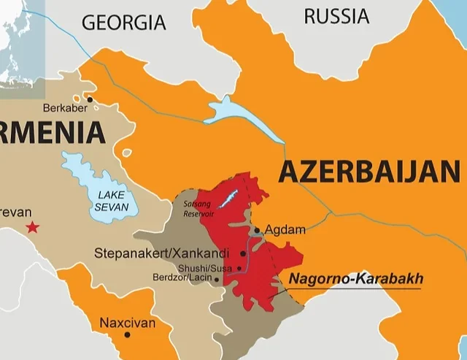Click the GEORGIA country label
123,22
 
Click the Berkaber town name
65,108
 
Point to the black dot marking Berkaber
90,99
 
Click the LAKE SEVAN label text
112,201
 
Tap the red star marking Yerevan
32,228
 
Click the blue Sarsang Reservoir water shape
228,197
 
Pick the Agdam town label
285,230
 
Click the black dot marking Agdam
257,230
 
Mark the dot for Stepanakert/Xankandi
243,253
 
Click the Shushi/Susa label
204,268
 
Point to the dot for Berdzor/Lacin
217,279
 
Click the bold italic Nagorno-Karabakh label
356,279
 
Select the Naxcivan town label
127,322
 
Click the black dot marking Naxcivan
127,334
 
